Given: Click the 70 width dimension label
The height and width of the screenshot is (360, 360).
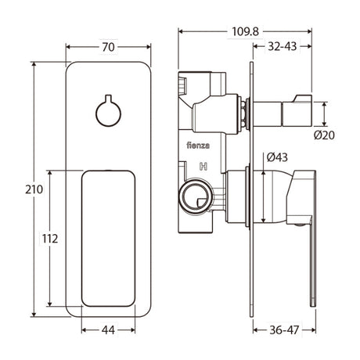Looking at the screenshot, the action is [108, 47].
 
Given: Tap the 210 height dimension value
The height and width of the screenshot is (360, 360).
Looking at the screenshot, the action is [34, 189].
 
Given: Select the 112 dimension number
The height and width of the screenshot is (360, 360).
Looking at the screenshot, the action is [50, 239].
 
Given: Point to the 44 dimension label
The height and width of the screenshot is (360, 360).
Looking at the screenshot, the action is [108, 330].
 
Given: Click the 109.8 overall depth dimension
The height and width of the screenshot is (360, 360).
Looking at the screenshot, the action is [245, 32].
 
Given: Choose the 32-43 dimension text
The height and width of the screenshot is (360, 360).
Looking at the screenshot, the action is [283, 46].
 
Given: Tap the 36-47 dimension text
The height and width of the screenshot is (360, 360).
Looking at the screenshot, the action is [284, 330].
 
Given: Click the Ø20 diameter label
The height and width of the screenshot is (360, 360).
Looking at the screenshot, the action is [324, 135].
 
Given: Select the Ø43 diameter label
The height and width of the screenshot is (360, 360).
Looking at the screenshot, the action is [277, 157].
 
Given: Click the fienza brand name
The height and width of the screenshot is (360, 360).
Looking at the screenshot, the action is [198, 146].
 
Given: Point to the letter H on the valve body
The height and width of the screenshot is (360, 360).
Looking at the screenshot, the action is [203, 167].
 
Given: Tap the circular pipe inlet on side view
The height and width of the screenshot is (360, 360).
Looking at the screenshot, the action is [196, 195].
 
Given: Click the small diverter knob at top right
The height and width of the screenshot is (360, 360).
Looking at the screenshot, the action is [297, 110].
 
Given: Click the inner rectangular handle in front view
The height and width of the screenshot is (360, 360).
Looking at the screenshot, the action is [108, 238].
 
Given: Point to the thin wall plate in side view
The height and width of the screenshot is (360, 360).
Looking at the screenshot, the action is [251, 189].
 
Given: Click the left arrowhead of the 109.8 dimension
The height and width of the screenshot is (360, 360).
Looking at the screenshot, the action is [181, 31].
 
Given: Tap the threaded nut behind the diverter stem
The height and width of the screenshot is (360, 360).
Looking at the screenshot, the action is [243, 113].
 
